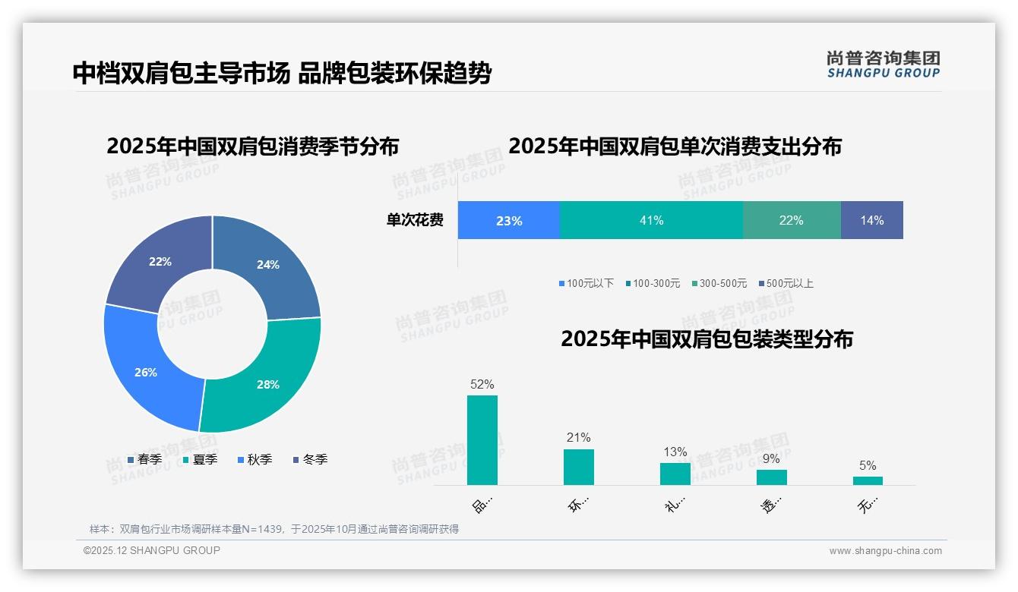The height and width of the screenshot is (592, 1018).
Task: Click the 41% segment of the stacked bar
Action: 651,220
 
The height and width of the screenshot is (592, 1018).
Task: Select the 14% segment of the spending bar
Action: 871,220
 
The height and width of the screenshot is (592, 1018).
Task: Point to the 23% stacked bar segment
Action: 508,220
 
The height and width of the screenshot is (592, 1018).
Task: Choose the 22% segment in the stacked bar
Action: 791,220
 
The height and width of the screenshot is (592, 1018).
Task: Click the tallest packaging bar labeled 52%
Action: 482,440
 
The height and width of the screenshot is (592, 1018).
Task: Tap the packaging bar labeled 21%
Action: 578,467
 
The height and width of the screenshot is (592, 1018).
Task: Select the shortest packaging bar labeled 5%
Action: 868,480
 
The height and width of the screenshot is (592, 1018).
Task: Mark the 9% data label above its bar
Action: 771,458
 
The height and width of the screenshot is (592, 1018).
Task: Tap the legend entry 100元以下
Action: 586,283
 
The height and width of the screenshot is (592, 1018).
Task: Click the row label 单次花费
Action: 415,220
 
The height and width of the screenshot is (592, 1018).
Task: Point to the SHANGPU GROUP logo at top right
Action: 883,64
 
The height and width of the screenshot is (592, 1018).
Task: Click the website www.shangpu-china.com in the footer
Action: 885,551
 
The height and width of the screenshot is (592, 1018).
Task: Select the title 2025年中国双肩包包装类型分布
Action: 707,339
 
